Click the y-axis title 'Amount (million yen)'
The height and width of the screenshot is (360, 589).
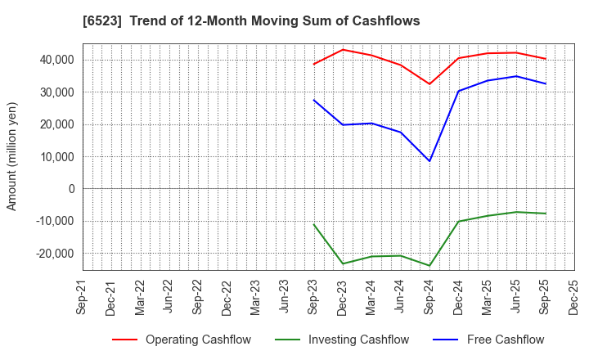12,156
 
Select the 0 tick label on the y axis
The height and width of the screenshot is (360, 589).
71,189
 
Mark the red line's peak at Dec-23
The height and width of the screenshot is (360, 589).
343,50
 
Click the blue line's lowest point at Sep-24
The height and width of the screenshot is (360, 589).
429,161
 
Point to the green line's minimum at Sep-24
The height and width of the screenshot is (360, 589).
429,266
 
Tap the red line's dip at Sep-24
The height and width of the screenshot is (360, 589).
429,83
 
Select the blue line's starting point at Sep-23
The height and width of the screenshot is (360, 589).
314,100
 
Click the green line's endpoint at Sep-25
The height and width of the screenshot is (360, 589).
545,214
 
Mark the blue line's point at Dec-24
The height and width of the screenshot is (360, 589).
458,91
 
